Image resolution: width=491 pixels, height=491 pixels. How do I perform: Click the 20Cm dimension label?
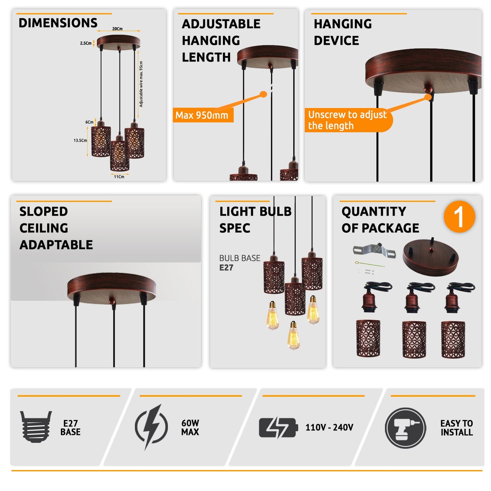pyautogui.click(x=117, y=29)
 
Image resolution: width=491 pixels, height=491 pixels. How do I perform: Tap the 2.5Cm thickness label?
pyautogui.click(x=86, y=43)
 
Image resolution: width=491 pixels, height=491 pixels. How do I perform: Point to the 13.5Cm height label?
pyautogui.click(x=80, y=140)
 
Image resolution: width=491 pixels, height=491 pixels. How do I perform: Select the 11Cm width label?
pyautogui.click(x=119, y=177)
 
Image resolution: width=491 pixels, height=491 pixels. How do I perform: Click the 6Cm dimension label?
pyautogui.click(x=89, y=122)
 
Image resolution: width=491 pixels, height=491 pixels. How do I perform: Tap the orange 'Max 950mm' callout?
pyautogui.click(x=203, y=115)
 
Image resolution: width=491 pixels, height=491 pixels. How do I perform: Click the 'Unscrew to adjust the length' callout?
pyautogui.click(x=348, y=120)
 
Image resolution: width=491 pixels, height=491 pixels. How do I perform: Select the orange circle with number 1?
pyautogui.click(x=459, y=216)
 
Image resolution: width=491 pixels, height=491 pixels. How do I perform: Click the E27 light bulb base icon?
pyautogui.click(x=36, y=427)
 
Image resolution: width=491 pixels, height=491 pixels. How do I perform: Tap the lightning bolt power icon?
pyautogui.click(x=151, y=427)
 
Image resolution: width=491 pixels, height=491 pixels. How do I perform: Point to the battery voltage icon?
pyautogui.click(x=278, y=427)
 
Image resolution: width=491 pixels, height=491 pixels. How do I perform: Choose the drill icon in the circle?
pyautogui.click(x=405, y=428)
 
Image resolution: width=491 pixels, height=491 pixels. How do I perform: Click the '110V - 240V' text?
pyautogui.click(x=329, y=427)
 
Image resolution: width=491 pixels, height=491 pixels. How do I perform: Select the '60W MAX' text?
pyautogui.click(x=190, y=427)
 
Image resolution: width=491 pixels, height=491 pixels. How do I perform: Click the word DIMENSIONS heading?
pyautogui.click(x=58, y=23)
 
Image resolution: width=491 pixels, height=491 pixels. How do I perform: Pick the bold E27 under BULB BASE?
pyautogui.click(x=226, y=267)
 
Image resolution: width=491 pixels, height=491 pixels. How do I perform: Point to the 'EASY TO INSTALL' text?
pyautogui.click(x=457, y=427)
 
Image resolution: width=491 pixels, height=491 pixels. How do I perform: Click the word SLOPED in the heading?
pyautogui.click(x=43, y=211)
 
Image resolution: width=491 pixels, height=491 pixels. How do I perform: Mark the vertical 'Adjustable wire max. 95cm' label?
pyautogui.click(x=141, y=84)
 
